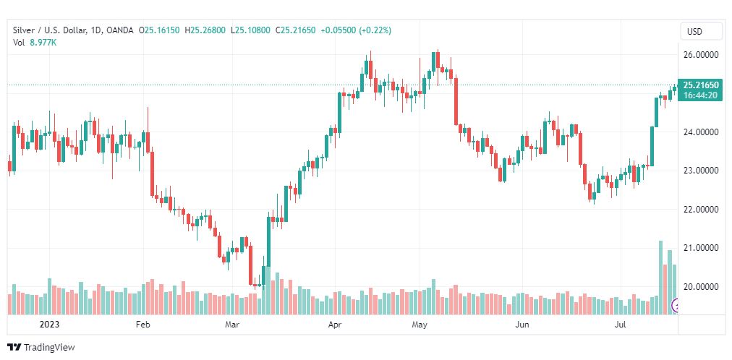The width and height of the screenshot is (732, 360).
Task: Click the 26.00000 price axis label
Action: pos(699,55)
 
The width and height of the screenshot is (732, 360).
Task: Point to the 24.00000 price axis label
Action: pos(699,132)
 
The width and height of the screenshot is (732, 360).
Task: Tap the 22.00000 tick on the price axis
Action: pos(699,210)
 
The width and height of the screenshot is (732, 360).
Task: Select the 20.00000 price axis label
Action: pos(699,287)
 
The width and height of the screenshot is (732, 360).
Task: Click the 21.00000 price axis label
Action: pos(699,248)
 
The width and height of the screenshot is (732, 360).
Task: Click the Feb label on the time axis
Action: pos(142,325)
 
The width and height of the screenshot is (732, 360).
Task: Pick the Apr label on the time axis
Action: pos(335,325)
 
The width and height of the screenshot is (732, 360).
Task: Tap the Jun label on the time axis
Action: pos(522,325)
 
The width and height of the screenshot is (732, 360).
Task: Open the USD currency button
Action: pos(694,32)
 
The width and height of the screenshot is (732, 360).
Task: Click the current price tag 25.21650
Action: pos(699,85)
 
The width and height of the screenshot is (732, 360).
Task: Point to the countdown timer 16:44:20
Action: pos(699,95)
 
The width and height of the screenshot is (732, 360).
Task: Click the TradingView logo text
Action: pos(48,348)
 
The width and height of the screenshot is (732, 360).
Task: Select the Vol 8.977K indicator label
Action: pos(35,43)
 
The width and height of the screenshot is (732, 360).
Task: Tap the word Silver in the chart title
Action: pos(25,30)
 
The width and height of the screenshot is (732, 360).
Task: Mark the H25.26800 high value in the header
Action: pos(206,30)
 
